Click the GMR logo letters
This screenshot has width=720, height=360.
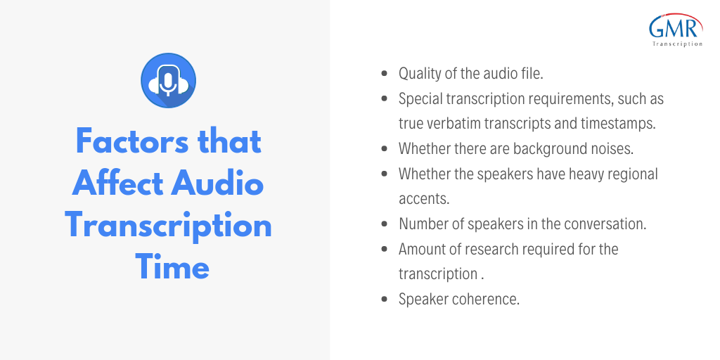[x=675, y=28]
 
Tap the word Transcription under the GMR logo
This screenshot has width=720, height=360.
[x=677, y=44]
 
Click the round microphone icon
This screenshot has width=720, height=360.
[x=169, y=80]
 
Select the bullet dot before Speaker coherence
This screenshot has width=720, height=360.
[x=385, y=299]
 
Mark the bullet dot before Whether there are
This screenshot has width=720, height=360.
[x=385, y=149]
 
